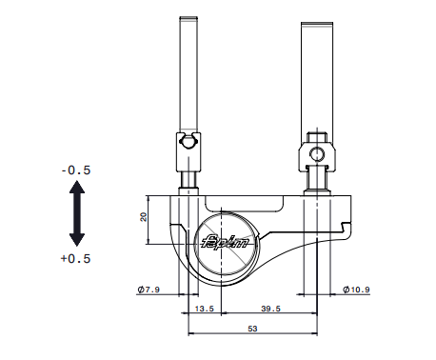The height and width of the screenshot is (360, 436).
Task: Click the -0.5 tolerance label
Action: [76, 170]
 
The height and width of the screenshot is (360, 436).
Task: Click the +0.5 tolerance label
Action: [76, 258]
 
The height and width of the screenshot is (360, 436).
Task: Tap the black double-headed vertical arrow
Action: [77, 213]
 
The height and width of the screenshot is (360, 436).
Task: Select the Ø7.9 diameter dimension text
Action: [149, 290]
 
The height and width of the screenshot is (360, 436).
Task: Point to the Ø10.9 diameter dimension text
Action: [356, 290]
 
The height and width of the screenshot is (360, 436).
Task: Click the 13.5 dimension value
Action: [205, 309]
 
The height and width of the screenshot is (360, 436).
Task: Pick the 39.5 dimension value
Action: [270, 309]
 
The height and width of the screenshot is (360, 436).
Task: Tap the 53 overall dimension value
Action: [252, 329]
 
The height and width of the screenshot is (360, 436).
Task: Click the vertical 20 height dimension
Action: [144, 217]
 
